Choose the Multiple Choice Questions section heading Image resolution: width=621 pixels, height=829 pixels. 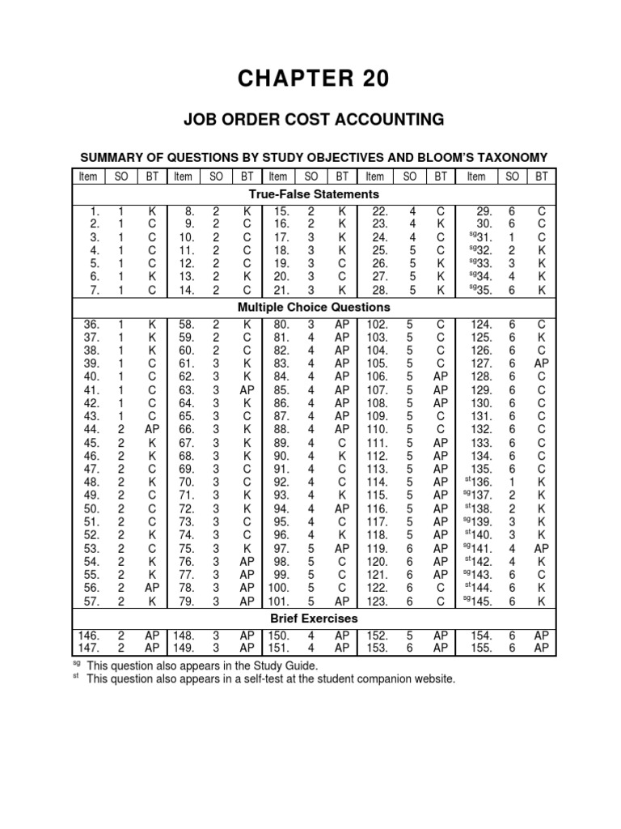click(313, 307)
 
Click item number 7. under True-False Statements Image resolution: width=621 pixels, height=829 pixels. click(95, 289)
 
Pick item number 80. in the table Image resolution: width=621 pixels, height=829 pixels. click(281, 325)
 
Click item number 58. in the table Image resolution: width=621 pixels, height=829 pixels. click(187, 325)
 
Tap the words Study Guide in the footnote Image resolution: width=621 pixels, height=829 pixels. click(289, 665)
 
